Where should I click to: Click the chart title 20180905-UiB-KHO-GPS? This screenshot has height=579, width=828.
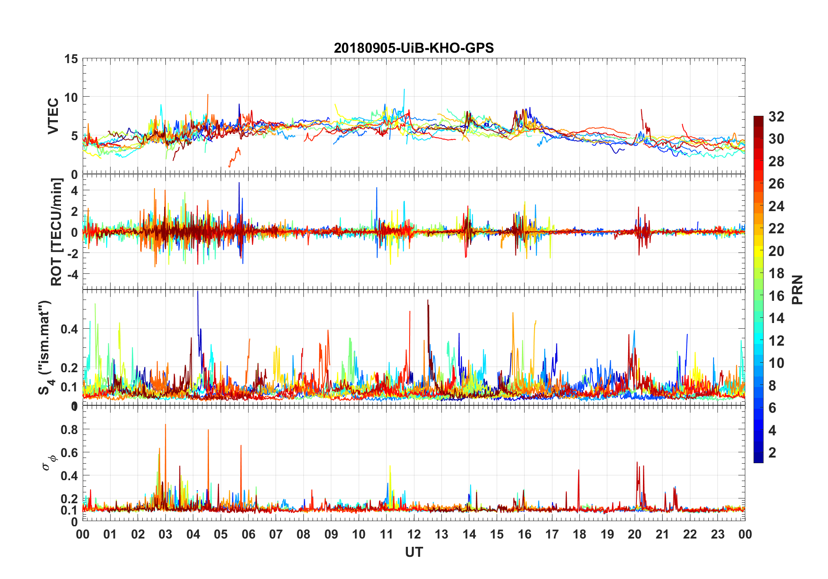pos(414,48)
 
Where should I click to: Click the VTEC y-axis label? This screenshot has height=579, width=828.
pos(53,116)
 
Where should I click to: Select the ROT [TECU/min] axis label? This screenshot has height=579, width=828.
pos(57,232)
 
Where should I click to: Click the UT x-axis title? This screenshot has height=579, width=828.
pos(414,552)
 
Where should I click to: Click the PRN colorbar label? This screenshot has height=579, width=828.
pos(797,289)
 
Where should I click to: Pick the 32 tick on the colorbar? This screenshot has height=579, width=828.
pos(776,117)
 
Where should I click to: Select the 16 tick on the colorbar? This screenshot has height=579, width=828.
pos(776,296)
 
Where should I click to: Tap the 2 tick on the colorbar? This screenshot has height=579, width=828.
pos(772,453)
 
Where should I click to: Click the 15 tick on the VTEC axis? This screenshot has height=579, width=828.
pos(71,59)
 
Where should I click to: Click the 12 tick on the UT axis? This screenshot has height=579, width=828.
pos(414,534)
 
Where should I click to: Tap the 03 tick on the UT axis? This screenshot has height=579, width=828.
pos(165,534)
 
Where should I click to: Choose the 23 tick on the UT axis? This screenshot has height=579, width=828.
pos(717,534)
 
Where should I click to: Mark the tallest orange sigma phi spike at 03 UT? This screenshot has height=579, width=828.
pos(165,425)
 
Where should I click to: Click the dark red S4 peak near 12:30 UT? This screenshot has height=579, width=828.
pos(427,301)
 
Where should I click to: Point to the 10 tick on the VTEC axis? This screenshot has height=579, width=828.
pos(71,97)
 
